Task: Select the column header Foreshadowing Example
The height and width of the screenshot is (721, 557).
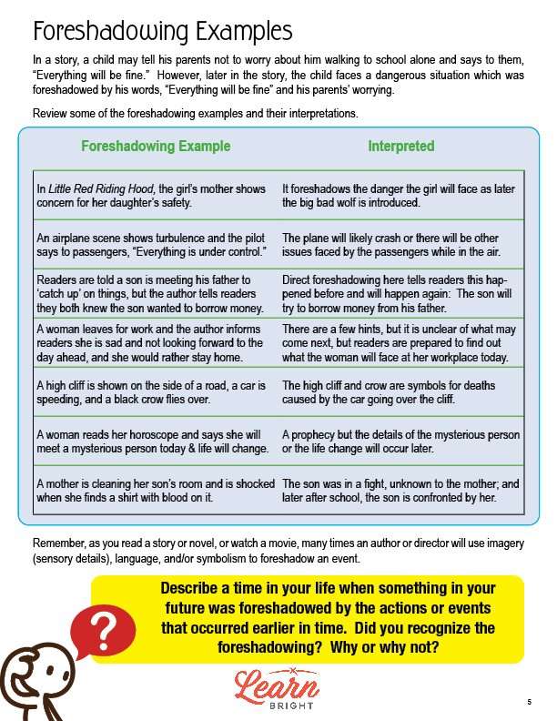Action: (x=156, y=146)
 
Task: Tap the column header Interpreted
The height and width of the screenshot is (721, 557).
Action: (x=401, y=146)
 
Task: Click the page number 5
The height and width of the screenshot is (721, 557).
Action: (x=528, y=702)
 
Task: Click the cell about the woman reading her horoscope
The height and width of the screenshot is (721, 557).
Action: (x=152, y=442)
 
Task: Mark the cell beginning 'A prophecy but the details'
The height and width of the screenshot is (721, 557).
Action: (x=400, y=442)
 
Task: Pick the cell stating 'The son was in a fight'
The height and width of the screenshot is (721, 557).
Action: (x=400, y=491)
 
